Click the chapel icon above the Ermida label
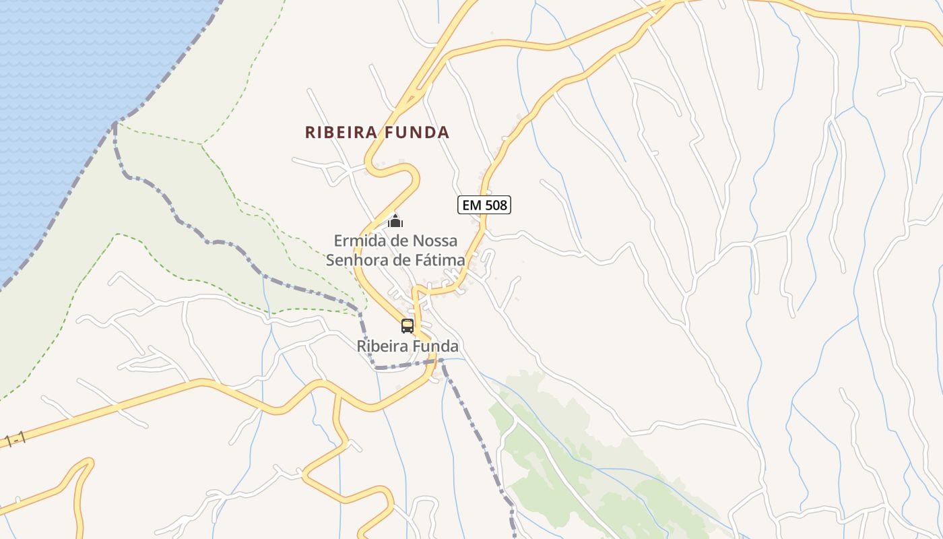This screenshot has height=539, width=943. click(x=395, y=220)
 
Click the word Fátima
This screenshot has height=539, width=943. click(x=441, y=260)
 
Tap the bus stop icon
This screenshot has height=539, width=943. click(x=408, y=326)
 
